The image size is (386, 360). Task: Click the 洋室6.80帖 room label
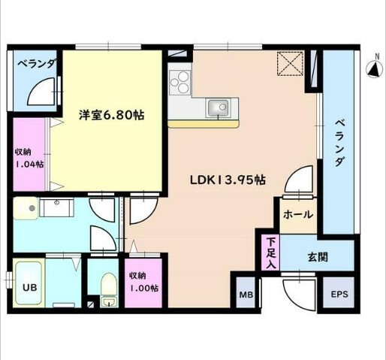pos(112,115)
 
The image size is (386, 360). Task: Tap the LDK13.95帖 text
pos(226,180)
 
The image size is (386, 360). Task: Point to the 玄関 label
pos(316,256)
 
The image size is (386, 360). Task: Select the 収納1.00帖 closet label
pos(142,281)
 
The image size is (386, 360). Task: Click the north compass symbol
pos(373,70)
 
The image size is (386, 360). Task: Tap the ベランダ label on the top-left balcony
pos(36,64)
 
